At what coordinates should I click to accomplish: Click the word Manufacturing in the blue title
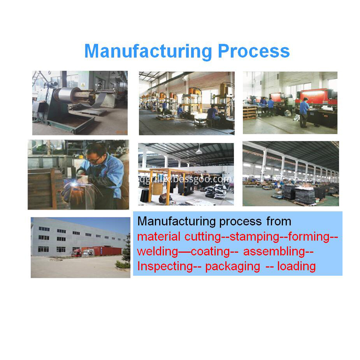tap(148, 51)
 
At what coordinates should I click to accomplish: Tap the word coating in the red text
tap(210, 251)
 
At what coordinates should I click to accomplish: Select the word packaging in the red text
tap(232, 266)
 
